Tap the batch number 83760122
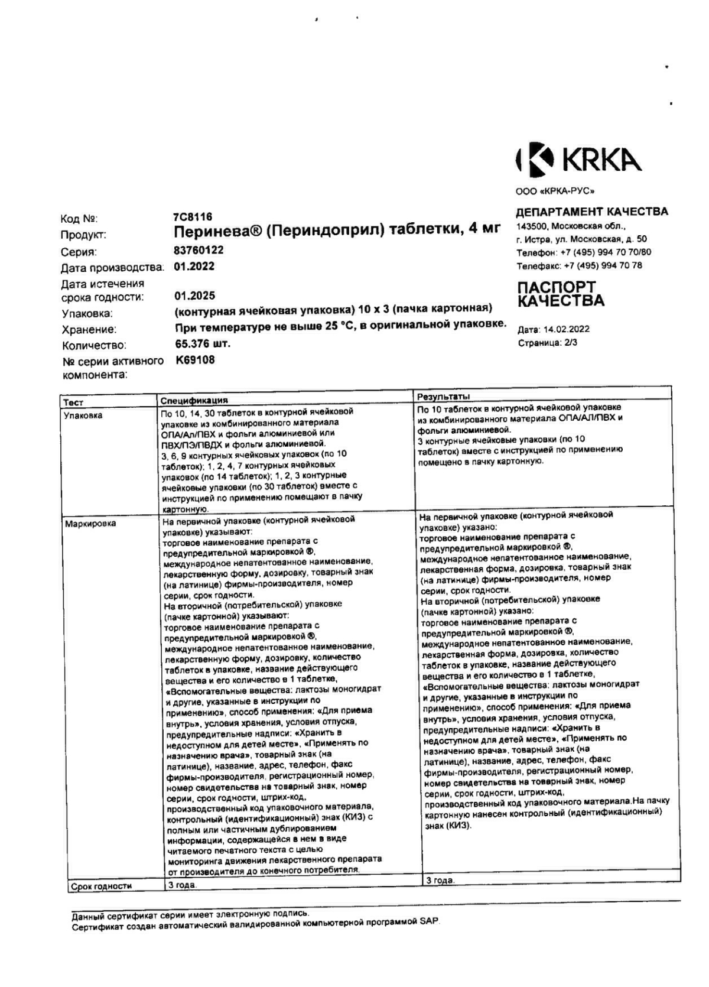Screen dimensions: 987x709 199,250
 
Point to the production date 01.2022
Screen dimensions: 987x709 194,267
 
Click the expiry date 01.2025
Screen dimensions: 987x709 194,296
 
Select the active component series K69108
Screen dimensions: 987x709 195,360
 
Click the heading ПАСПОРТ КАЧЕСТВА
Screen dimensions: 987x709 561,294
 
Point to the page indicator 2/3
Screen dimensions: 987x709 570,343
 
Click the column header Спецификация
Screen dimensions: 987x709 194,401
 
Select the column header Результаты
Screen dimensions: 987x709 444,396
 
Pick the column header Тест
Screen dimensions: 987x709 73,402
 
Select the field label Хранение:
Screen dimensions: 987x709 89,330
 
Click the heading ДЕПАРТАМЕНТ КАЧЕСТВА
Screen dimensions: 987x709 592,212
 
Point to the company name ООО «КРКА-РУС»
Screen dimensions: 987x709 555,191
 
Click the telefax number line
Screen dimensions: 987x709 579,266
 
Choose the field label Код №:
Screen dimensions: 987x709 79,219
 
